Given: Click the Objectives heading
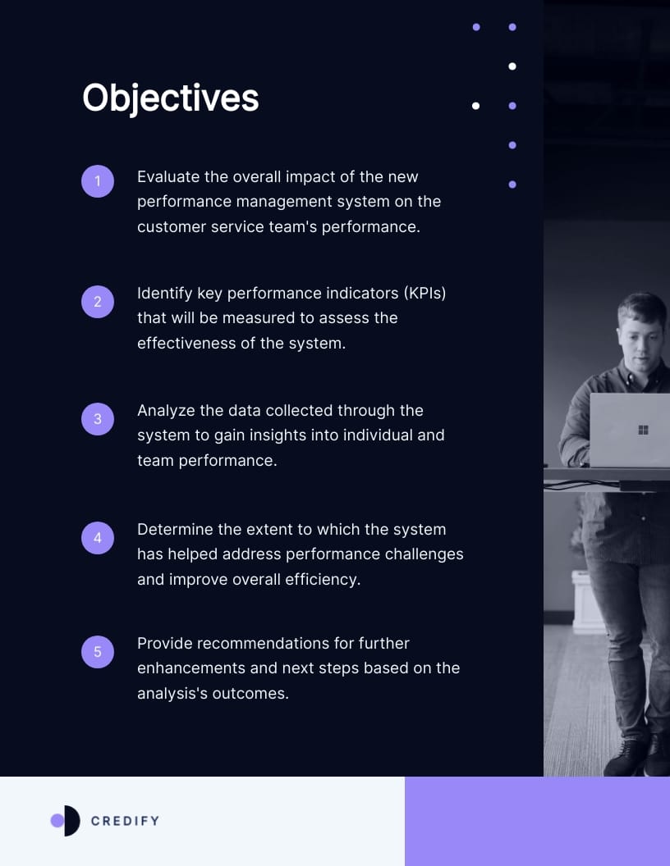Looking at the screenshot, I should click(171, 98).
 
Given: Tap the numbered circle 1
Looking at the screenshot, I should click(98, 181).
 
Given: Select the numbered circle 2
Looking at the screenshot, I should click(98, 302).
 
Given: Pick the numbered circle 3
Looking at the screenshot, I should click(98, 419).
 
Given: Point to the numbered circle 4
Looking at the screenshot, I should click(98, 538).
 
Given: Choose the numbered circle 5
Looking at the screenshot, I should click(98, 652).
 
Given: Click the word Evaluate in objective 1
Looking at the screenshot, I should click(169, 177).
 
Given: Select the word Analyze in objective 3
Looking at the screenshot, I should click(166, 411).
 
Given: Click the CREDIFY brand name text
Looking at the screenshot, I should click(125, 821).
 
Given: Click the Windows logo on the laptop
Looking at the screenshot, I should click(643, 430).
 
